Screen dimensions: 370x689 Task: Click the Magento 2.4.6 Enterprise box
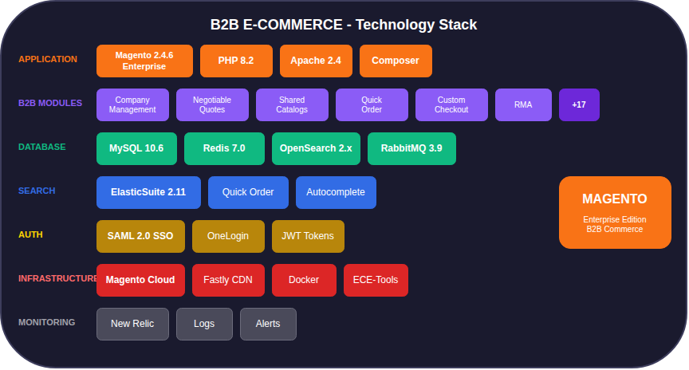click(144, 61)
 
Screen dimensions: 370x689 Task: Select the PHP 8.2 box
click(236, 61)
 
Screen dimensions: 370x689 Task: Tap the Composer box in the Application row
click(396, 61)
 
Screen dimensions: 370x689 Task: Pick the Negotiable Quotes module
click(212, 104)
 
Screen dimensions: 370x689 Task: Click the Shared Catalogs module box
click(292, 104)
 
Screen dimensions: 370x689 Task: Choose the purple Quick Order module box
click(372, 104)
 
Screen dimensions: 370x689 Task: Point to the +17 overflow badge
click(579, 104)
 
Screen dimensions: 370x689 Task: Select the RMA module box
click(523, 104)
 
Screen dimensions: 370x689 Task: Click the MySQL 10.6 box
click(136, 148)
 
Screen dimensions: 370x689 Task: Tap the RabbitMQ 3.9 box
click(411, 148)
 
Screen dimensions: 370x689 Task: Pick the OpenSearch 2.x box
click(316, 148)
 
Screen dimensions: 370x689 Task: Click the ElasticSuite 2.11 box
click(148, 192)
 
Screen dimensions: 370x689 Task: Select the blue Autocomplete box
click(336, 192)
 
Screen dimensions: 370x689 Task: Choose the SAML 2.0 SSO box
click(140, 236)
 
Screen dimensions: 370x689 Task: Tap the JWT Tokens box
click(308, 236)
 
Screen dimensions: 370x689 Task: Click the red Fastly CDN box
click(228, 280)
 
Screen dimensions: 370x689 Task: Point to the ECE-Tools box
click(376, 280)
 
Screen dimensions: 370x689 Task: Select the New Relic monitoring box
click(132, 324)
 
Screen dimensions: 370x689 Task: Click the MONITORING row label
click(47, 322)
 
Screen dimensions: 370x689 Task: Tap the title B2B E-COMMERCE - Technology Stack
click(344, 25)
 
